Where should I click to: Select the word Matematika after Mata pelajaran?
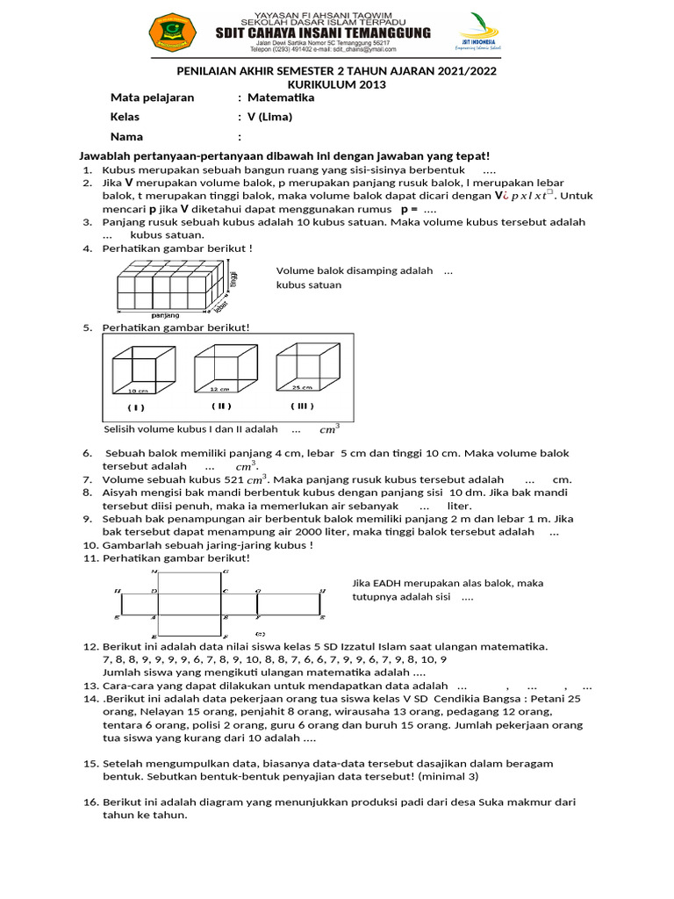(x=281, y=98)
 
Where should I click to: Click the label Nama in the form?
(x=126, y=137)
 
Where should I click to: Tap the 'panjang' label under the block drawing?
(x=165, y=314)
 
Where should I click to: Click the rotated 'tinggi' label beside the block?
(x=233, y=280)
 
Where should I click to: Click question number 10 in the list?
(x=90, y=545)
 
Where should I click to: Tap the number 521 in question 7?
(x=233, y=479)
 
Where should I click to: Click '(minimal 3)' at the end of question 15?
(x=449, y=777)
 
